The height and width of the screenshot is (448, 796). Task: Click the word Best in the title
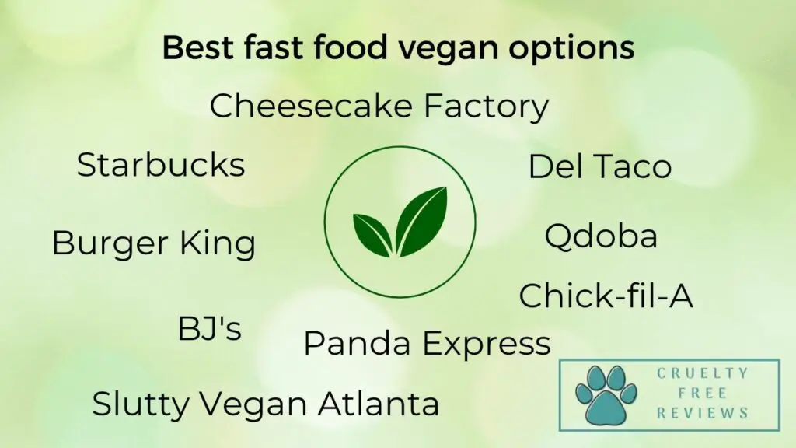199,47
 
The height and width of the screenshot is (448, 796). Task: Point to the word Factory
486,107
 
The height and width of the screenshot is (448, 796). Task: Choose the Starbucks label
161,165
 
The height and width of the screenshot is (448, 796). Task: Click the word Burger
110,244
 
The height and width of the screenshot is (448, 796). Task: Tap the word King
218,244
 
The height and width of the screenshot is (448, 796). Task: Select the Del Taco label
600,166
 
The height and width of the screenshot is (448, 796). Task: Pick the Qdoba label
601,236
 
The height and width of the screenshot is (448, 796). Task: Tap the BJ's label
210,328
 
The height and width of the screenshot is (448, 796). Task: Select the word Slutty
140,404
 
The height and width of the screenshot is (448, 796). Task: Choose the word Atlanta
379,404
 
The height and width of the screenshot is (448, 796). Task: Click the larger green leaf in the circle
421,221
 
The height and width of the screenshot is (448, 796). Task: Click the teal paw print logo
606,394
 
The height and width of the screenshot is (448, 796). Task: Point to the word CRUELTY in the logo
703,373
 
